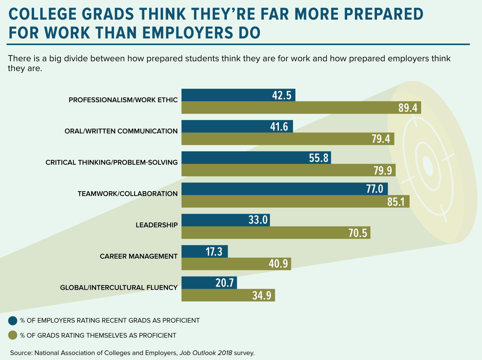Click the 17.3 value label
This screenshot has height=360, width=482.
click(214, 252)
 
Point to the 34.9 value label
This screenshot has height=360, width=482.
click(262, 296)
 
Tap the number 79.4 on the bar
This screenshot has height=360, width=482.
click(381, 139)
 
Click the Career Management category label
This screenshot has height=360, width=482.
click(138, 256)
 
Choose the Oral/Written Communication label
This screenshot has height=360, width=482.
click(121, 131)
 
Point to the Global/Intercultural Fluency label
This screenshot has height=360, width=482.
click(119, 288)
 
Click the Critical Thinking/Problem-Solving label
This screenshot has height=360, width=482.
click(112, 163)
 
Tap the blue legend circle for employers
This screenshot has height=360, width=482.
click(13, 321)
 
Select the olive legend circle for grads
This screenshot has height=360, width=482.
click(13, 335)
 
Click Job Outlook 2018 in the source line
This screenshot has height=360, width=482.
click(206, 353)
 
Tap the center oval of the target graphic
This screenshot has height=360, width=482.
click(428, 166)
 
